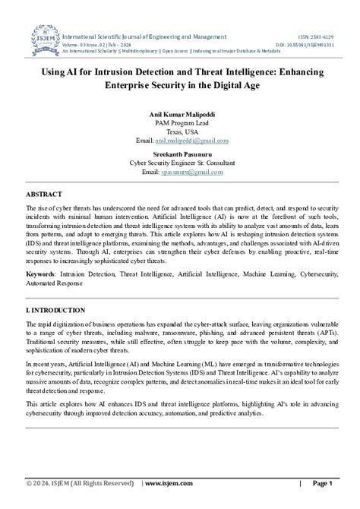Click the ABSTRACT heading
click(44, 194)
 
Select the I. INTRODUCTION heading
click(56, 311)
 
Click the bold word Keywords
click(42, 272)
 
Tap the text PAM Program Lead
click(180, 123)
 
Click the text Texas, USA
click(180, 132)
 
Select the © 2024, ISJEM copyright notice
click(81, 483)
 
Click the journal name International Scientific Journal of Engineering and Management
click(144, 36)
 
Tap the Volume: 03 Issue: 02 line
click(99, 43)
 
